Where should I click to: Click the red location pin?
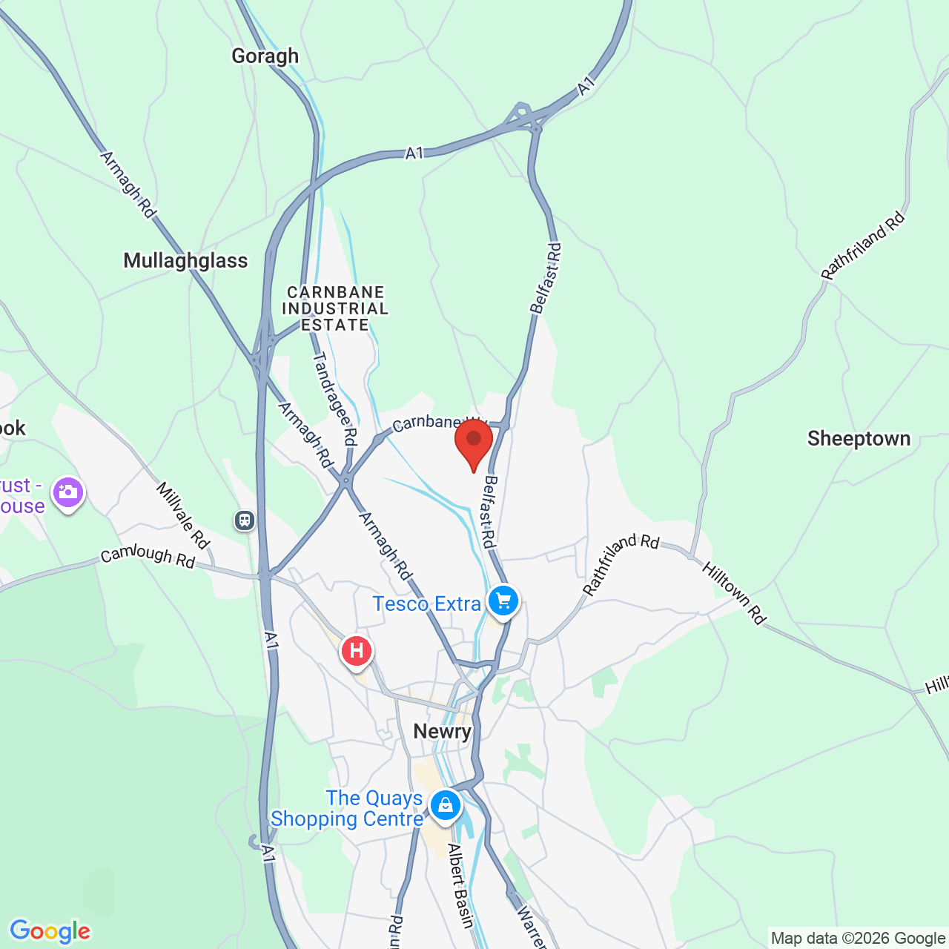point(474,442)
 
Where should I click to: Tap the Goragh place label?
point(265,56)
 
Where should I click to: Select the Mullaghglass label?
point(185,260)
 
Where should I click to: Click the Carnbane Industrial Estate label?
point(335,308)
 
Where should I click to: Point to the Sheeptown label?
point(859,438)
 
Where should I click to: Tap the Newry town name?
point(442,731)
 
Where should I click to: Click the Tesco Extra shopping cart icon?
point(503,601)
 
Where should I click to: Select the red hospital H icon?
point(357,652)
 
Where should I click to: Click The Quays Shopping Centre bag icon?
point(445,804)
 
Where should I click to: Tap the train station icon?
point(245,520)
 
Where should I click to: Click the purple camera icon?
point(68,492)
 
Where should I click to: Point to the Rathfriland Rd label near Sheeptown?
point(863,245)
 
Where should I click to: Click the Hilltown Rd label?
point(733,593)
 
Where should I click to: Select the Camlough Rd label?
point(148,557)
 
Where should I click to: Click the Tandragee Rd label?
point(335,399)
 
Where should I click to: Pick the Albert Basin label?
point(460,886)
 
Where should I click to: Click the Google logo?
point(50,931)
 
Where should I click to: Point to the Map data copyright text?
point(858,938)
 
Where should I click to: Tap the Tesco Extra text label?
point(426,604)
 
